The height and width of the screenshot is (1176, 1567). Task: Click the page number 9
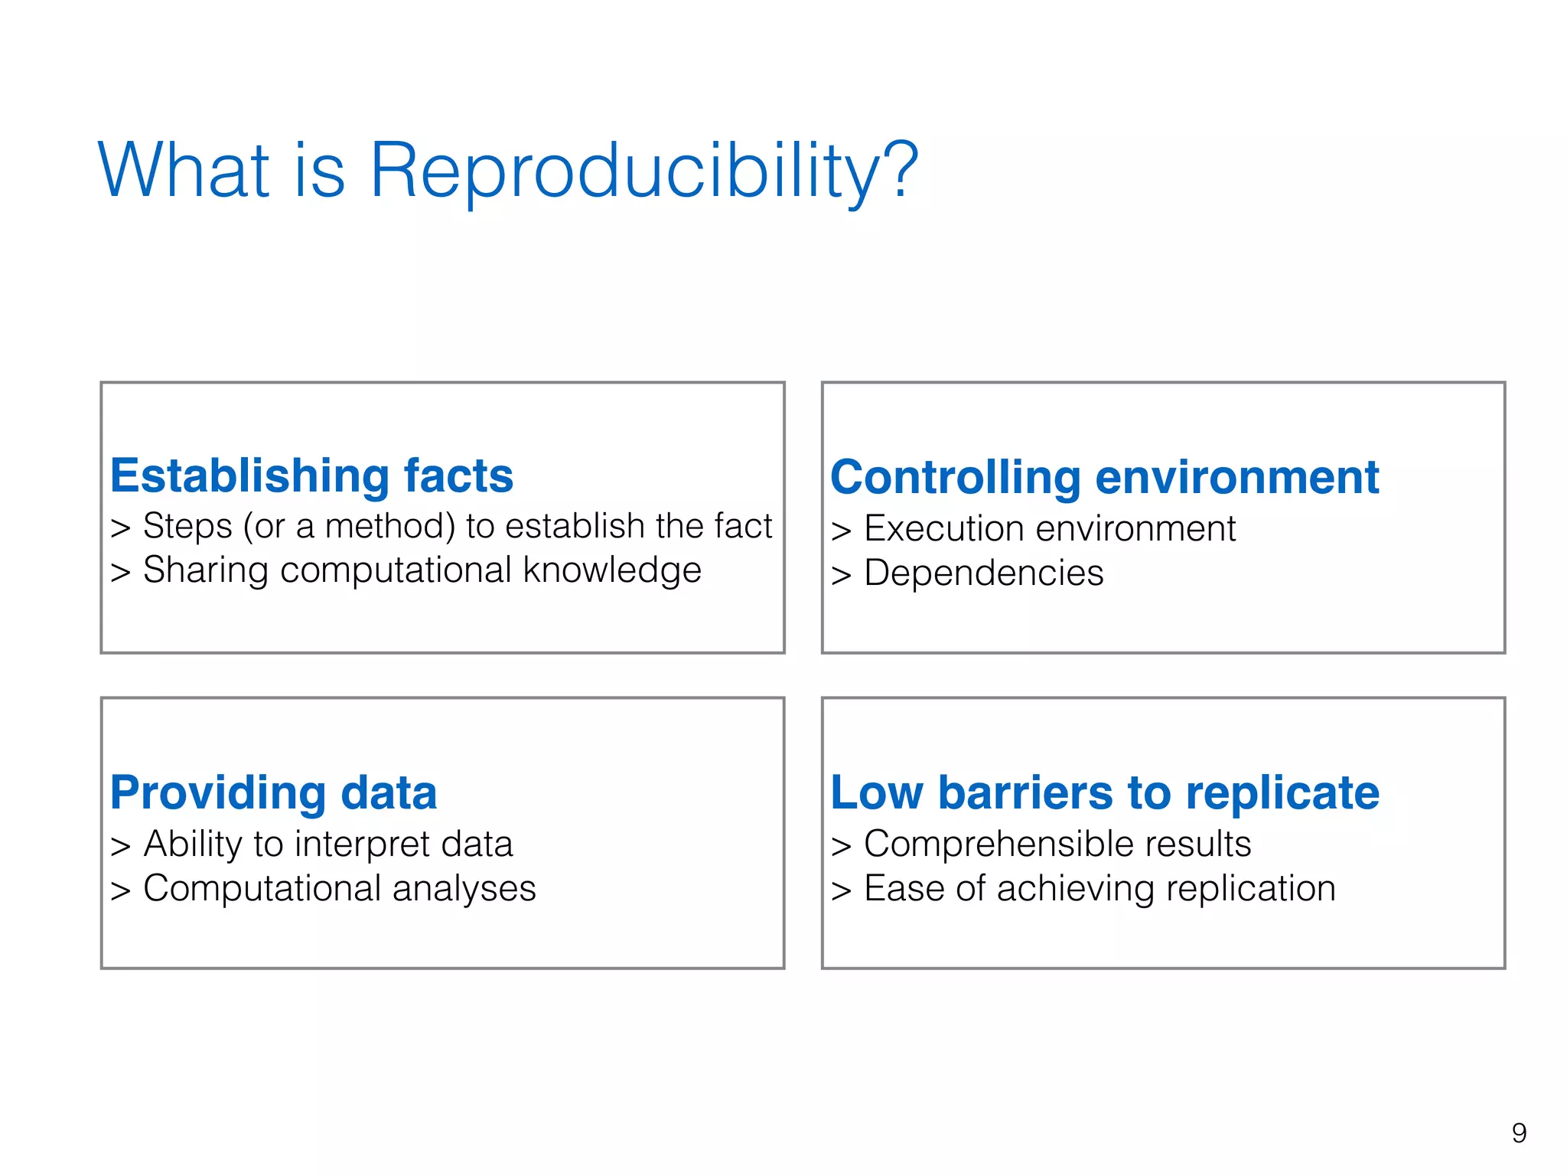1519,1132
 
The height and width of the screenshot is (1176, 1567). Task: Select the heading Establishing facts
311,475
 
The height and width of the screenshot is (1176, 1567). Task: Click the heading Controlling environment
1104,477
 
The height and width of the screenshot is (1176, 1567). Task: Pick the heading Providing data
273,792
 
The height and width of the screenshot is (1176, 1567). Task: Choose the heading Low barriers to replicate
1104,792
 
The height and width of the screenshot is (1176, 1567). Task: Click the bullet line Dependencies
983,573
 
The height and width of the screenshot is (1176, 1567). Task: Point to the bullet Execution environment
1049,528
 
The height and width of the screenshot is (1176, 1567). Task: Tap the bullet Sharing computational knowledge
422,570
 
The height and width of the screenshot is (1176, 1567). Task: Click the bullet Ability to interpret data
327,844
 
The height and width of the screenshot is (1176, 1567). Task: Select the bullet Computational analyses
339,888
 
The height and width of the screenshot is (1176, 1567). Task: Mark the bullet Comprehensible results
1057,844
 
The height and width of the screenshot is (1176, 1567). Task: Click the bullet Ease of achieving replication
1099,888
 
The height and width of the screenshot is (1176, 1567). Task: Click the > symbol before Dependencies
841,575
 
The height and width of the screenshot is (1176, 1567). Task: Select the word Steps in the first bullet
187,526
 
